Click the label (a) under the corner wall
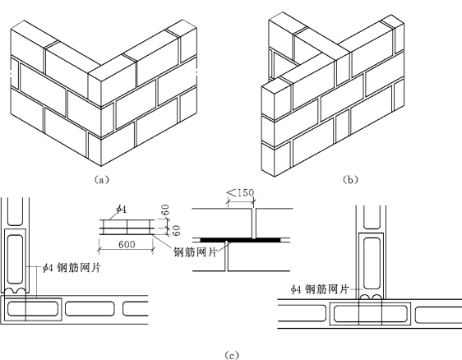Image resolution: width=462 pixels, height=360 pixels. (x=101, y=179)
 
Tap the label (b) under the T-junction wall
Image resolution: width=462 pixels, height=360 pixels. (x=351, y=179)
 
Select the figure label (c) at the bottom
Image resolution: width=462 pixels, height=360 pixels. (x=232, y=355)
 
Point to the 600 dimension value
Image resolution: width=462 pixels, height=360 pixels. (x=127, y=244)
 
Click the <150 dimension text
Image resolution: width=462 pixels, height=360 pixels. (x=240, y=192)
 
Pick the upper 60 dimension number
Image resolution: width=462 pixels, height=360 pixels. (x=165, y=210)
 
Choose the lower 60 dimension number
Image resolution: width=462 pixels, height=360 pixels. (x=176, y=230)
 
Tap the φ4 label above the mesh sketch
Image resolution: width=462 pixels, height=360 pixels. (x=121, y=209)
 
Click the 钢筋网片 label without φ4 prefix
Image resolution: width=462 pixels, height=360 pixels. (x=195, y=252)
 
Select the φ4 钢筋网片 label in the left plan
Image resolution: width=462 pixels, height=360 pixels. (x=72, y=268)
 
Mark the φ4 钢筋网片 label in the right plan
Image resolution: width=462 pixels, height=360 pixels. (x=320, y=289)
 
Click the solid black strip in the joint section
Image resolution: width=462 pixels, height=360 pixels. (x=241, y=239)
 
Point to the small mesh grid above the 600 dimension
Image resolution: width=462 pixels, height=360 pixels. (x=127, y=227)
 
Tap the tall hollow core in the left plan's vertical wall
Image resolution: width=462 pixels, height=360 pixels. (x=15, y=259)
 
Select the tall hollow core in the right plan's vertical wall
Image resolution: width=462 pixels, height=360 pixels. (x=372, y=263)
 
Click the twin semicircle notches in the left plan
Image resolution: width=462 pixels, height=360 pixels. (x=15, y=291)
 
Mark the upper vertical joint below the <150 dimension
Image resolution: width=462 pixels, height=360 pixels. (x=254, y=224)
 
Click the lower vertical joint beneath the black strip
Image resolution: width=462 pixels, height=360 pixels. (x=227, y=256)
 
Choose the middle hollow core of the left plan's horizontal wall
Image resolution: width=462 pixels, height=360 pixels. (x=90, y=308)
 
